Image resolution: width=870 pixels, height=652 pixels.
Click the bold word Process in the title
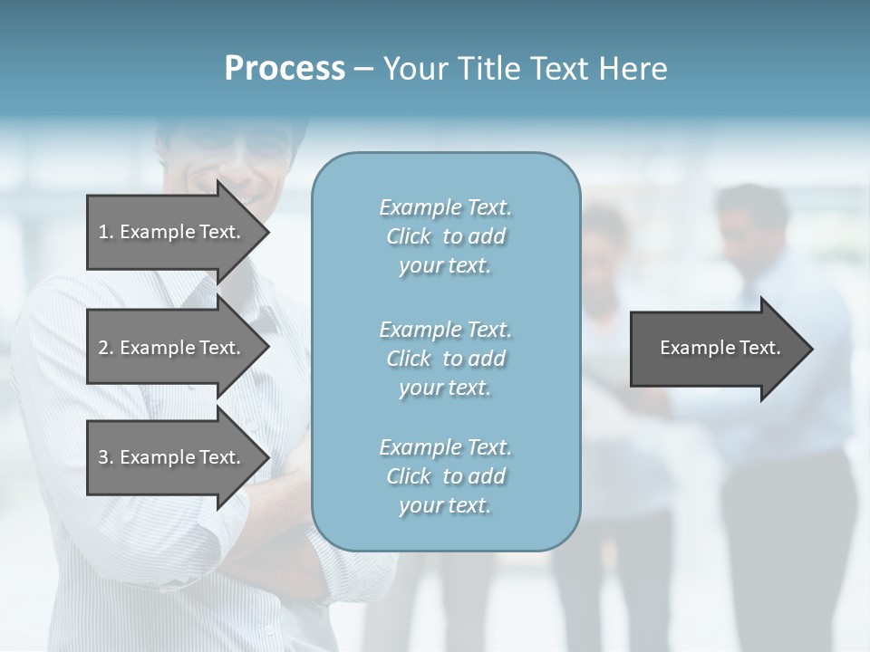(285, 69)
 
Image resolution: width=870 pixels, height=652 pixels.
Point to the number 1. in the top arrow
(106, 232)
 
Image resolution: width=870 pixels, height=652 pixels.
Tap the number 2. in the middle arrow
(106, 348)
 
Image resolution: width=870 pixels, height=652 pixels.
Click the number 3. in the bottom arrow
(106, 457)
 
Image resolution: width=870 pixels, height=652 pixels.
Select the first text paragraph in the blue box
(445, 236)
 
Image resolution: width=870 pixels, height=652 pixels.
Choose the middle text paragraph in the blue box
(445, 359)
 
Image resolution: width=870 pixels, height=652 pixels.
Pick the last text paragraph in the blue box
(445, 476)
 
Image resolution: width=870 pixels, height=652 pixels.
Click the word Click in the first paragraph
(409, 237)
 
